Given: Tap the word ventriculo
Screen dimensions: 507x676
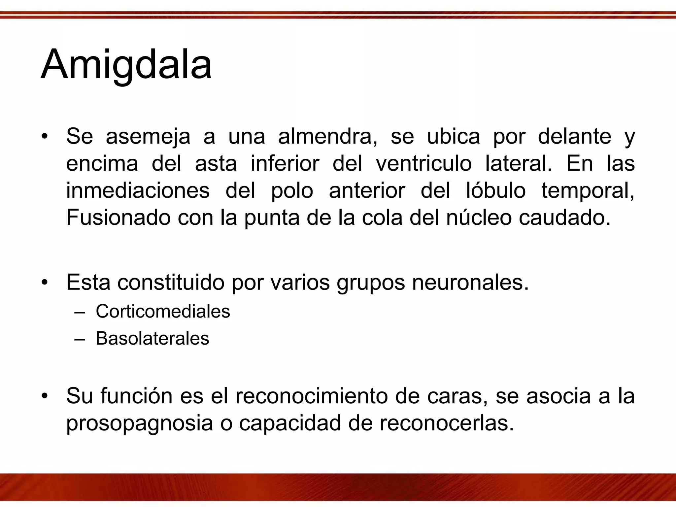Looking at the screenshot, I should [x=424, y=164].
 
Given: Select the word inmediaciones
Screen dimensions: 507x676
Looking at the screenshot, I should [x=138, y=191].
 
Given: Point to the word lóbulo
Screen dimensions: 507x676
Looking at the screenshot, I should [x=496, y=191].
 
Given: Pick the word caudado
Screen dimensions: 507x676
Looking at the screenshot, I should [x=565, y=218].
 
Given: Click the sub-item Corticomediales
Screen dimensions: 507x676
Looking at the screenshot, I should [x=163, y=311].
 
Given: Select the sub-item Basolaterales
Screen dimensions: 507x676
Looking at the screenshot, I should [x=152, y=338].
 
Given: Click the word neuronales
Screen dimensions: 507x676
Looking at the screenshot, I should [x=470, y=283].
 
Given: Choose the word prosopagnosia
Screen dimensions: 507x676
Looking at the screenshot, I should [x=140, y=423].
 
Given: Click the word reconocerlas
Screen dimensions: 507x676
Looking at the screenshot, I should [x=447, y=423].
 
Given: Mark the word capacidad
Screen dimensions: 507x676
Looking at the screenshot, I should [x=290, y=423].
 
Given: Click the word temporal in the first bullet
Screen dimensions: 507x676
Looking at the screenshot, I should [x=588, y=191].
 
